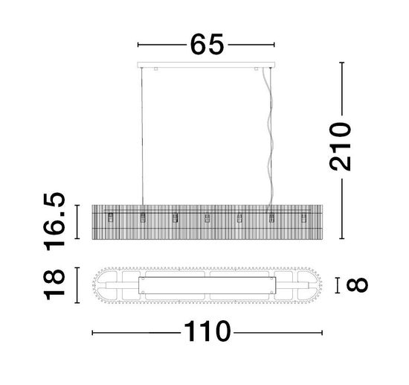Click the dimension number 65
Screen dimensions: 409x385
[x=207, y=45]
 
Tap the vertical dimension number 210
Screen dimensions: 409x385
[x=340, y=147]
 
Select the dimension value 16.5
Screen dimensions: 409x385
[x=54, y=221]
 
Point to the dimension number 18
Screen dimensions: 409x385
[x=54, y=284]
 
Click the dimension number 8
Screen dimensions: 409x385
[x=357, y=285]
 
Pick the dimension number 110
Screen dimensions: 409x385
[x=207, y=331]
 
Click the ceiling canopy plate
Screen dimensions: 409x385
[x=206, y=65]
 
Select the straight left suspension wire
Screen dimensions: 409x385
[x=142, y=136]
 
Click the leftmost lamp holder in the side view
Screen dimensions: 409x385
[x=111, y=217]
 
